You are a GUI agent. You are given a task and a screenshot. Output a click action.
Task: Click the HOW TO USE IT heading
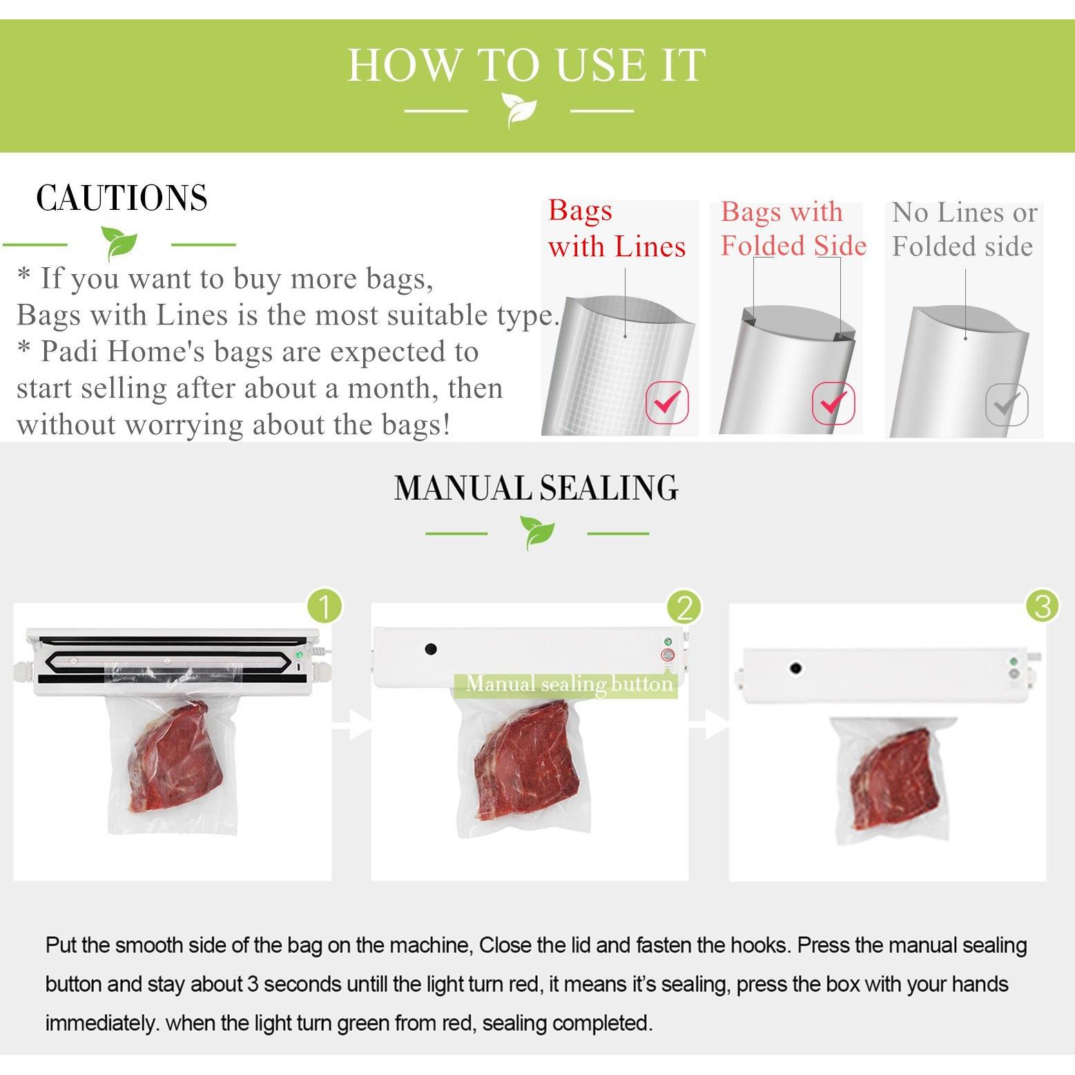(526, 66)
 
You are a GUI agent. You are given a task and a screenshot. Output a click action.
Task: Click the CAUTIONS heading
(122, 198)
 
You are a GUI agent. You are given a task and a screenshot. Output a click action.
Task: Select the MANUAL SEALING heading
(536, 488)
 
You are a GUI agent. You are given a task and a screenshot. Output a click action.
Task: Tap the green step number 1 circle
(325, 606)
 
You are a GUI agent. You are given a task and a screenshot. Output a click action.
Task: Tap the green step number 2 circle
(684, 608)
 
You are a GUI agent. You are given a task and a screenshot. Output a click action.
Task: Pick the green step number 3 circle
(1043, 606)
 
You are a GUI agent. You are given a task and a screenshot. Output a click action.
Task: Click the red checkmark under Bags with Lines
(667, 401)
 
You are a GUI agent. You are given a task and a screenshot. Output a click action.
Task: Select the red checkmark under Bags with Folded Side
(833, 402)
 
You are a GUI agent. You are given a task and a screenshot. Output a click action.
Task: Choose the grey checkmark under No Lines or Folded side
(1007, 404)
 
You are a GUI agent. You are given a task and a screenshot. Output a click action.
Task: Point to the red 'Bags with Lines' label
(617, 229)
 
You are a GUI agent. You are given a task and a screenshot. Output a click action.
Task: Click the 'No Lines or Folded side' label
(965, 229)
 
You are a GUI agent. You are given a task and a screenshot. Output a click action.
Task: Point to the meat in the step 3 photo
(895, 786)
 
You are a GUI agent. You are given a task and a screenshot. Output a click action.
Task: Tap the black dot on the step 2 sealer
(431, 650)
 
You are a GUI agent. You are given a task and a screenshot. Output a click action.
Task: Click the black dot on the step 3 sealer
(795, 668)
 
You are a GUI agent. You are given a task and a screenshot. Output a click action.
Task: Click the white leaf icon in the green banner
(519, 110)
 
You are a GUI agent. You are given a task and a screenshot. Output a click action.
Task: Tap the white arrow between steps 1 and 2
(352, 724)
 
